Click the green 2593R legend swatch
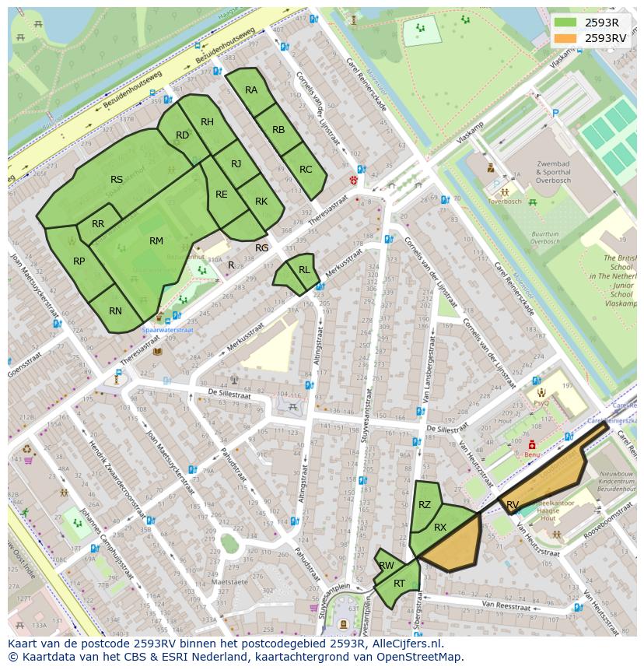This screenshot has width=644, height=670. point(565,22)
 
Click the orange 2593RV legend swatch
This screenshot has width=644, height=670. point(565,37)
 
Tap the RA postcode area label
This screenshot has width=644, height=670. point(251,90)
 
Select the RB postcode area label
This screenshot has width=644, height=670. point(278,129)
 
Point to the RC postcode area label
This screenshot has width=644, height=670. point(306,170)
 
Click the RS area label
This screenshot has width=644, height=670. point(117,180)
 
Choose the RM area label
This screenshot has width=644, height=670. point(156,241)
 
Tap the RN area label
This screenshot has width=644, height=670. point(115,311)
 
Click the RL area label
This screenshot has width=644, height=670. point(304,270)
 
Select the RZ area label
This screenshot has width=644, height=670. point(425,505)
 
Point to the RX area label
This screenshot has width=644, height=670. point(440,528)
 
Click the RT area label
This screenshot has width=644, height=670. point(400,584)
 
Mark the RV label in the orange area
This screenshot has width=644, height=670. point(513,505)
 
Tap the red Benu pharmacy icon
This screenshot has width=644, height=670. point(532,444)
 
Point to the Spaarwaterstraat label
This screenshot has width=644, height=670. point(167,329)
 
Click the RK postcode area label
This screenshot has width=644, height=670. point(261,202)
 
